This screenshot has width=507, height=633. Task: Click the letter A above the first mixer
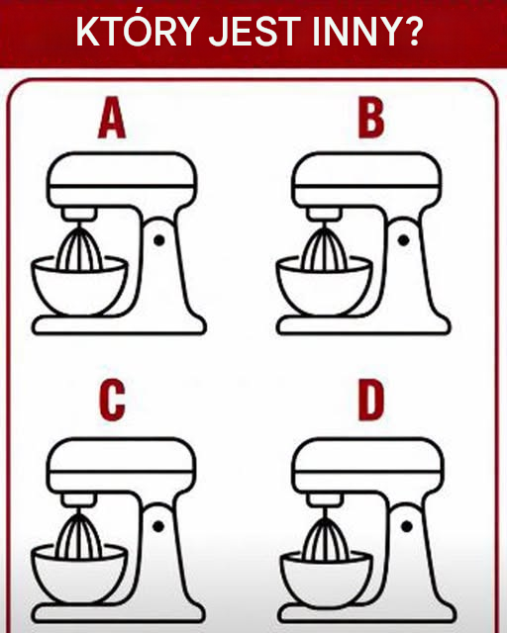tap(112, 118)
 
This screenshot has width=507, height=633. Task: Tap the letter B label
tap(370, 119)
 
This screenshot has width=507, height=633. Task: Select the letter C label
tap(112, 400)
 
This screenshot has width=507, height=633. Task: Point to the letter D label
tap(370, 400)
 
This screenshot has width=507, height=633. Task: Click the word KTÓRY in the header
tap(138, 31)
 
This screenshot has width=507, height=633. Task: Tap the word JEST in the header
tap(255, 31)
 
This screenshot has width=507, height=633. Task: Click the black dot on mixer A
tap(159, 240)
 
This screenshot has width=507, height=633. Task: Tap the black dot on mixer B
tap(403, 240)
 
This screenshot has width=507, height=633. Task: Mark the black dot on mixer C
tap(158, 526)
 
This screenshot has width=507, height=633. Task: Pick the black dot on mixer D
tap(407, 526)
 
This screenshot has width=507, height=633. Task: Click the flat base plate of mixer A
tap(119, 325)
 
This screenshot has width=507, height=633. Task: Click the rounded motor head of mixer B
tap(366, 179)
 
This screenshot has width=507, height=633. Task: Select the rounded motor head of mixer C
tap(122, 465)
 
